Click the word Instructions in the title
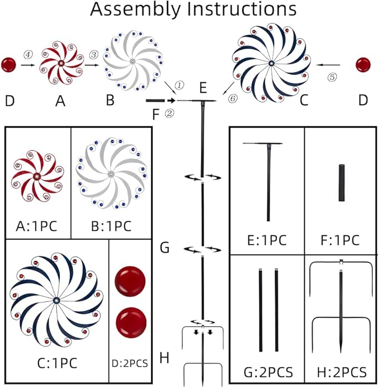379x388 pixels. point(241,10)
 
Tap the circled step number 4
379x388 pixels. point(26,54)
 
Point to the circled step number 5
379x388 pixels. point(333,78)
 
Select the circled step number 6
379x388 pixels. point(232,98)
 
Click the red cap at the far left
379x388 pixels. point(8,64)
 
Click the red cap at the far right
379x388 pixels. point(363,64)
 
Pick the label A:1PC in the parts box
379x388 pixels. point(37,226)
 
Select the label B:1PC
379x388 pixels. point(111,226)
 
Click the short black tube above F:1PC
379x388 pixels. point(341,183)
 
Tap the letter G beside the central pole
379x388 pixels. point(164,248)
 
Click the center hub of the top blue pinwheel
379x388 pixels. point(271,63)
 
